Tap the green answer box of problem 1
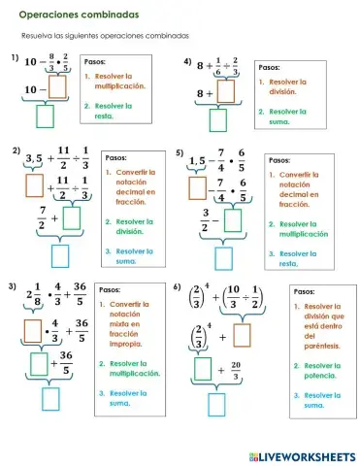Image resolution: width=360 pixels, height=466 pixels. tap(46, 116)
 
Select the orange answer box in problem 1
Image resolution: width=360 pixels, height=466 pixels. tap(56, 87)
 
